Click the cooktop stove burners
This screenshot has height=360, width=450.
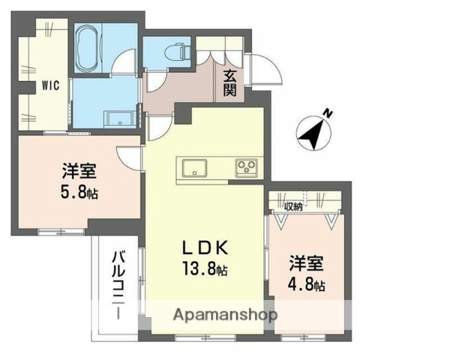(x=247, y=167)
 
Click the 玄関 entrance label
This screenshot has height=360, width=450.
(x=229, y=82)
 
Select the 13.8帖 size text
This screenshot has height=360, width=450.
(x=203, y=270)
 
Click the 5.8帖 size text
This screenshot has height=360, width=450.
(x=79, y=191)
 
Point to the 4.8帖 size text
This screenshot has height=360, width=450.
(x=307, y=285)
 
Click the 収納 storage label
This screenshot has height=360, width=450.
(x=293, y=206)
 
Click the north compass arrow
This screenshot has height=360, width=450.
(x=312, y=133)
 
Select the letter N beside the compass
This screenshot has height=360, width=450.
(x=328, y=113)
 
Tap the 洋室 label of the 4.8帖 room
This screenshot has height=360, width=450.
(x=307, y=264)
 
